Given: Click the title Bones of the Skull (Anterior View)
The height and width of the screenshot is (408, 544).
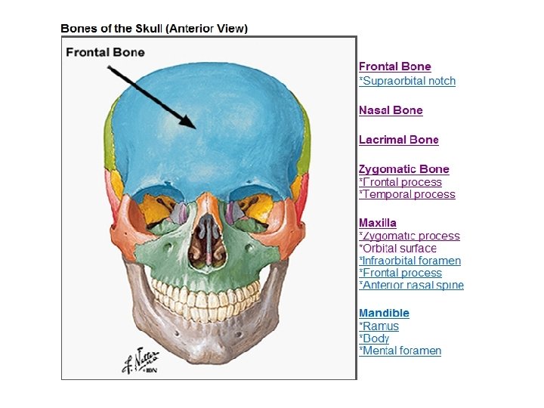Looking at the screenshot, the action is pyautogui.click(x=154, y=29).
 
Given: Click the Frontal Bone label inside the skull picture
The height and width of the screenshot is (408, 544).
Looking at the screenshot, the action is pyautogui.click(x=105, y=52).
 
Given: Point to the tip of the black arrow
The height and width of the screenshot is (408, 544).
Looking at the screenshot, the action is pyautogui.click(x=194, y=128).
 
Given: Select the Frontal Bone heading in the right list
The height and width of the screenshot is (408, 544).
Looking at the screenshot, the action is pyautogui.click(x=394, y=67).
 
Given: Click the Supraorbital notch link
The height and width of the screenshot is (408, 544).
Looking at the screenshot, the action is pyautogui.click(x=407, y=81).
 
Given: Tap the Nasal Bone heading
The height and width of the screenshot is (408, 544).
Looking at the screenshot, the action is pyautogui.click(x=391, y=110).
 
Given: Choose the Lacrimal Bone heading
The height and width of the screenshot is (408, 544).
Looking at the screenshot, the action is pyautogui.click(x=398, y=140).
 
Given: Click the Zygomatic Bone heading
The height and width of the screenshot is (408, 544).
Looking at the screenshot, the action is pyautogui.click(x=403, y=169).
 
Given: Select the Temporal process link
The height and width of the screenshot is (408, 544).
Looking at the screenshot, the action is pyautogui.click(x=407, y=194).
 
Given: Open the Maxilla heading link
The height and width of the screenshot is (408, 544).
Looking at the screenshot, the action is pyautogui.click(x=378, y=223).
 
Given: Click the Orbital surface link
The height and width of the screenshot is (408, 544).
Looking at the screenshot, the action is pyautogui.click(x=397, y=248).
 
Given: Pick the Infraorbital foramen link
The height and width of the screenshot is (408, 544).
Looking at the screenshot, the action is pyautogui.click(x=410, y=261).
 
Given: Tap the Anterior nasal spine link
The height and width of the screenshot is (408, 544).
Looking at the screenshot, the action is pyautogui.click(x=411, y=285).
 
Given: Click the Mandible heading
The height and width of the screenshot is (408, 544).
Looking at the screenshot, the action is pyautogui.click(x=384, y=313).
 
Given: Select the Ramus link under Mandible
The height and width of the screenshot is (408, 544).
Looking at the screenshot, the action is pyautogui.click(x=379, y=326).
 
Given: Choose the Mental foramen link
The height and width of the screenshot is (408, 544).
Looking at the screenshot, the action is pyautogui.click(x=400, y=351).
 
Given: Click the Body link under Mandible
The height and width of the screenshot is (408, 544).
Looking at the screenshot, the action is pyautogui.click(x=374, y=338).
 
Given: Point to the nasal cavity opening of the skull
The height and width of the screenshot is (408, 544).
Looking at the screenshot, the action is pyautogui.click(x=203, y=241).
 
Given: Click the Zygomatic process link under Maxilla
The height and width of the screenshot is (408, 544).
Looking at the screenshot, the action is pyautogui.click(x=409, y=236).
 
